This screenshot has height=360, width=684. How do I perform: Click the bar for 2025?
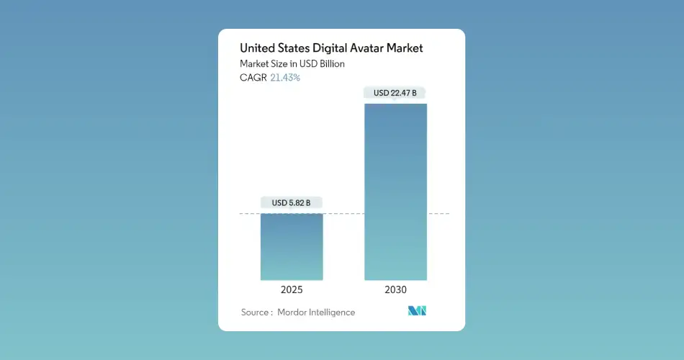click(292, 246)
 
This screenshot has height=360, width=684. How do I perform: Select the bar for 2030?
click(395, 192)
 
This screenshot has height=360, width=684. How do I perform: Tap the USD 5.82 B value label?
click(292, 203)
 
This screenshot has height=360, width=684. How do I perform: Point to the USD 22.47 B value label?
click(395, 93)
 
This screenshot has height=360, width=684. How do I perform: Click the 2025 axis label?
click(292, 289)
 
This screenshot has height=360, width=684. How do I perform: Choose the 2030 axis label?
click(395, 289)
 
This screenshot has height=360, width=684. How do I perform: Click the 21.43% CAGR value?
click(285, 78)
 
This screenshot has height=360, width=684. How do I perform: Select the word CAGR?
click(253, 78)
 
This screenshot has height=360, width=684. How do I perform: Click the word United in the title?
click(258, 49)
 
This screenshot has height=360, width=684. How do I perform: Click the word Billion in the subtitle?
click(330, 64)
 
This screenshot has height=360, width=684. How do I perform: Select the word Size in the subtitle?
click(281, 64)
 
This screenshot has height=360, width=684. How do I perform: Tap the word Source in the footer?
click(255, 312)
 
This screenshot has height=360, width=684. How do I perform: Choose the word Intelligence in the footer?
click(333, 312)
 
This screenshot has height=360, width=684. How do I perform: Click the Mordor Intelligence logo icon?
click(417, 311)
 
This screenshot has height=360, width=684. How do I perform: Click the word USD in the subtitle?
click(305, 64)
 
